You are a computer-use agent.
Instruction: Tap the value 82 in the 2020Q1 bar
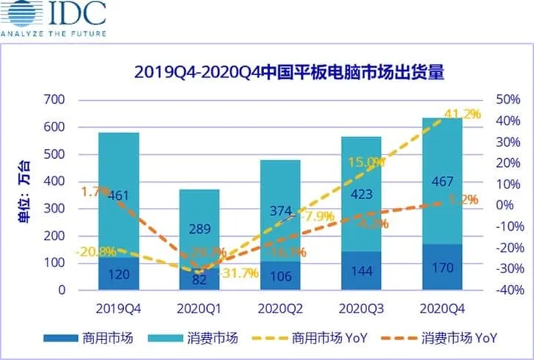coord(199,281)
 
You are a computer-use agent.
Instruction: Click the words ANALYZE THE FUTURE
coord(53,33)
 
